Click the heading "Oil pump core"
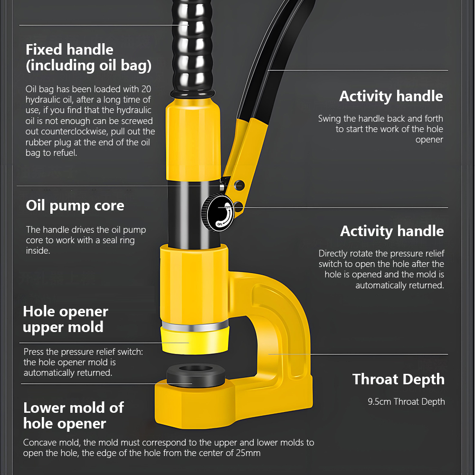tap(75, 206)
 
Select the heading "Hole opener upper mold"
tap(66, 319)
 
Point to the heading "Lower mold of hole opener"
tap(73, 416)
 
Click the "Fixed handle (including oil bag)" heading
tap(88, 57)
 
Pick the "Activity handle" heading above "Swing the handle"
tap(391, 96)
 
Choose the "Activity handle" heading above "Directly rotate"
tap(392, 231)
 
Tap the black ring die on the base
tap(196, 375)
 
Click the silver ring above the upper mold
tap(195, 326)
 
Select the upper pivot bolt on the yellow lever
tap(239, 185)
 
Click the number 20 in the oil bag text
tap(146, 89)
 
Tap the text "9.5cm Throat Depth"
tap(406, 402)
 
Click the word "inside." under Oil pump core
tap(38, 251)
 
